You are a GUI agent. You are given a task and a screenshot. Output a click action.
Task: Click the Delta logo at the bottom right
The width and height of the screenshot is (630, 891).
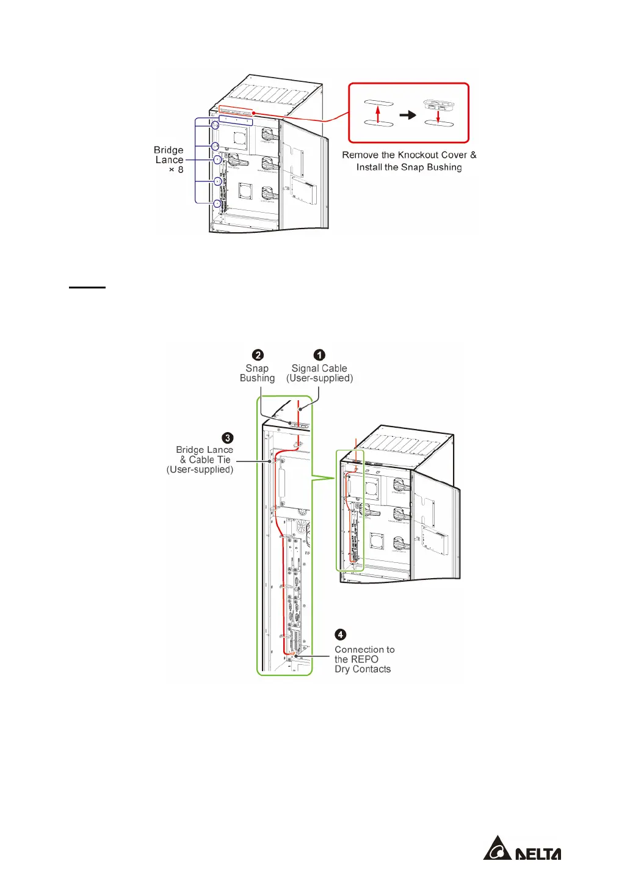[522, 849]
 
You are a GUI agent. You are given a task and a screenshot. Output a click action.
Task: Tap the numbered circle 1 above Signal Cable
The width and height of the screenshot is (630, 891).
[319, 355]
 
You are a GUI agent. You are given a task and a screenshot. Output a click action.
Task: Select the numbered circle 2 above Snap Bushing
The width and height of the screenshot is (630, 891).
[258, 355]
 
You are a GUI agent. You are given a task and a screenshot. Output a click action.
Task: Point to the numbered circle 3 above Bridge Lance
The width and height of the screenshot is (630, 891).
[228, 438]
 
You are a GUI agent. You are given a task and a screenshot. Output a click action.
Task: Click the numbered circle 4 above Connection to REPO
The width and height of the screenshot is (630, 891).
[341, 635]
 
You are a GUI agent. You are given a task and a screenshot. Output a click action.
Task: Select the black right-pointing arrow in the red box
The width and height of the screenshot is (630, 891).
[408, 115]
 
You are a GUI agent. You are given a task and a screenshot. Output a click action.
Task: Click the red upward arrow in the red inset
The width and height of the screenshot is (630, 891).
[378, 114]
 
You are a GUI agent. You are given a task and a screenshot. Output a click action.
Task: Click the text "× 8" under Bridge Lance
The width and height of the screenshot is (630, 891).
[176, 169]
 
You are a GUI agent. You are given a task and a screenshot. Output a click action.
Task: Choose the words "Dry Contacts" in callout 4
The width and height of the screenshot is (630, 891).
[363, 669]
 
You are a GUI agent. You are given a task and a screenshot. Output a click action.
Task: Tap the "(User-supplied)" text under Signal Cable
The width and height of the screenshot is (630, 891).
[319, 378]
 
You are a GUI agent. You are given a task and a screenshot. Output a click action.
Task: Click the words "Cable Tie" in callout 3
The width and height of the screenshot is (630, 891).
[209, 460]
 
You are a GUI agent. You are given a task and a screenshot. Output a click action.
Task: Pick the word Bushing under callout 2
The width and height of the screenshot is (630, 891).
[257, 378]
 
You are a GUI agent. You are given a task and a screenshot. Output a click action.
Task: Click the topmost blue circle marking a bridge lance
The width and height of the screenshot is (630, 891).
[215, 125]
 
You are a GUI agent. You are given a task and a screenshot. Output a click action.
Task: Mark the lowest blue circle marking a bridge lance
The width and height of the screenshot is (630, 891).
[217, 203]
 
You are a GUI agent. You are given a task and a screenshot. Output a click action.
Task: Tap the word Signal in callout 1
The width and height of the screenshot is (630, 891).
[303, 369]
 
